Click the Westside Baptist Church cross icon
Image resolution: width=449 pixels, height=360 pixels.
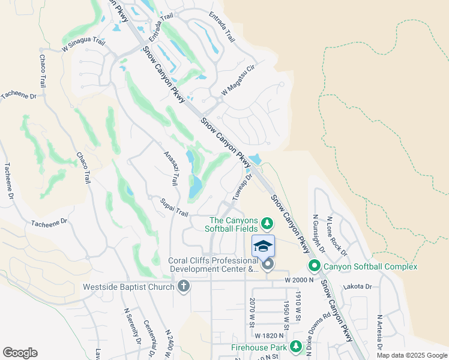184,286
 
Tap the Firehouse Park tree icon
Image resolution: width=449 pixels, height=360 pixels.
295,347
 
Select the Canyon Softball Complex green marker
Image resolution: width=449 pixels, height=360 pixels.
313,266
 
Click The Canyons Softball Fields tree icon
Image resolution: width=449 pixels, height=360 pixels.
267,224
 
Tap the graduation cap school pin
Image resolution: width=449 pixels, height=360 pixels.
263,247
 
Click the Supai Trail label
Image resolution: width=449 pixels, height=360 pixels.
174,208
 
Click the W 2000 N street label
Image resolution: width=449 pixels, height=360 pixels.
301,280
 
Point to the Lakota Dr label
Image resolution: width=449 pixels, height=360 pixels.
358,287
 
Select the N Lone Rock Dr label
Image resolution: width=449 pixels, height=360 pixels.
336,234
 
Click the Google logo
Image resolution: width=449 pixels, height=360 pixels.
20,352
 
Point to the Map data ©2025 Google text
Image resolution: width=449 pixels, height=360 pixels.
411,355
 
